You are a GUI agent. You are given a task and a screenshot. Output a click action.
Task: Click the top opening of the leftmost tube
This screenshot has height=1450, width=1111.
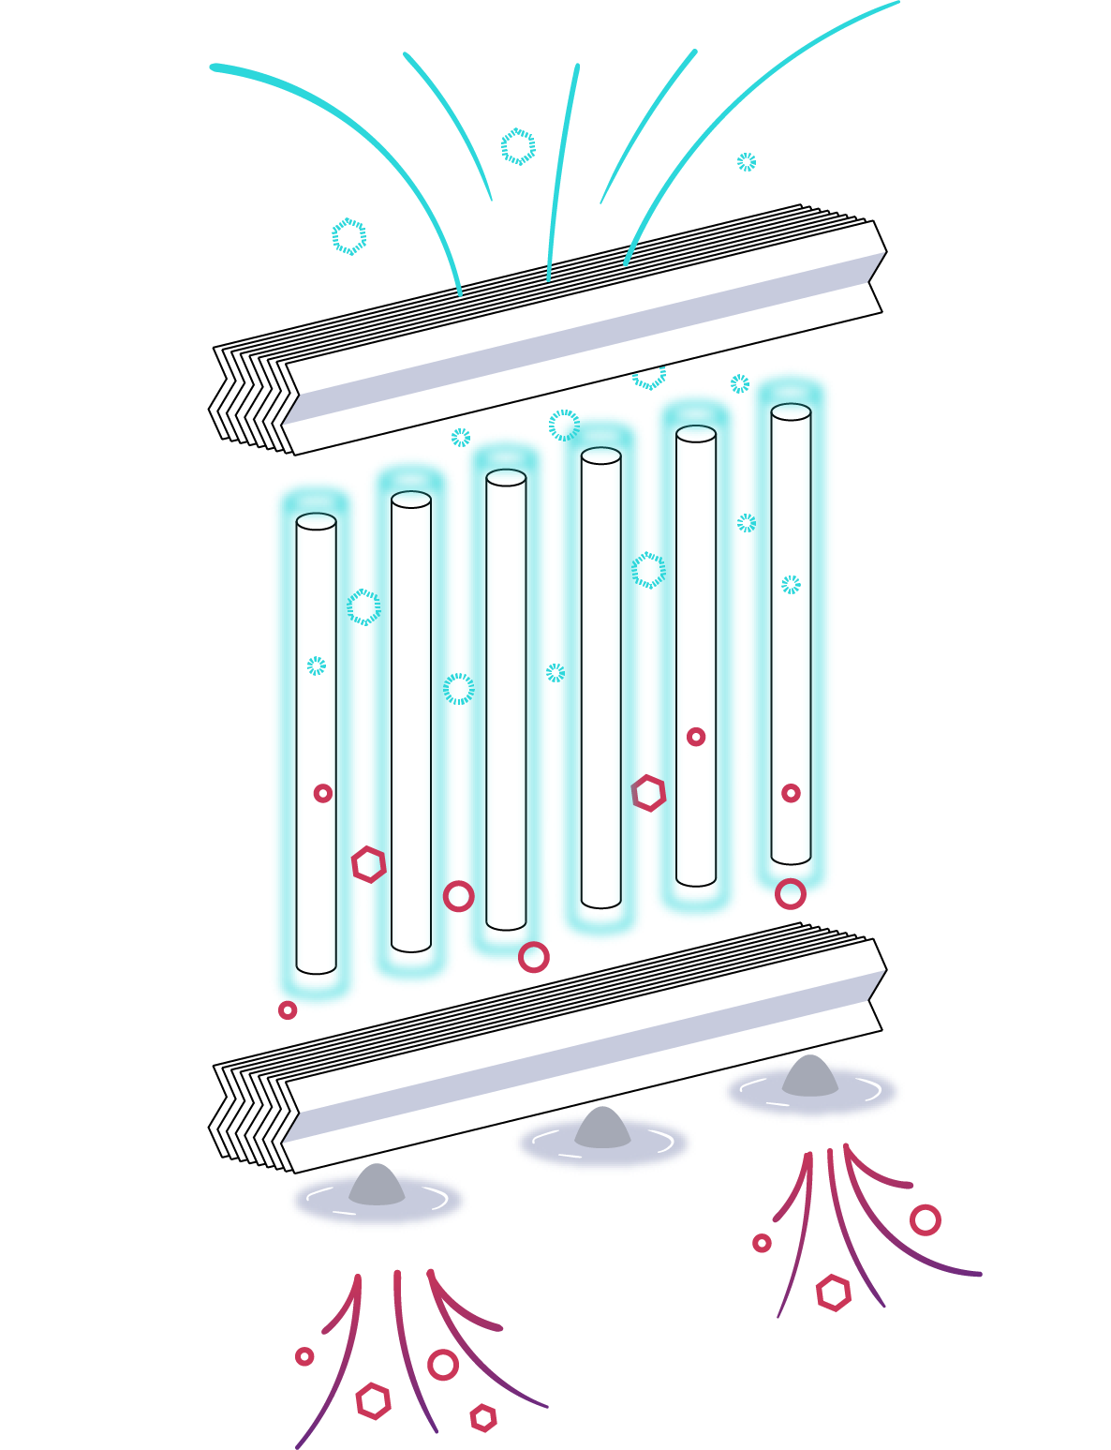(316, 522)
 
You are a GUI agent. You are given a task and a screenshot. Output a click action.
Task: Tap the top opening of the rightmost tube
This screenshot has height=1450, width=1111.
(791, 411)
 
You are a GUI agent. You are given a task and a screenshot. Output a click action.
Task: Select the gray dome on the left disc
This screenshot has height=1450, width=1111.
(377, 1186)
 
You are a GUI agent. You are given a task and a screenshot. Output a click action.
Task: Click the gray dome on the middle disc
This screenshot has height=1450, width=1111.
(602, 1129)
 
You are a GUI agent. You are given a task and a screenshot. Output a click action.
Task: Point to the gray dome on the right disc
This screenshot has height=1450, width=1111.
(809, 1076)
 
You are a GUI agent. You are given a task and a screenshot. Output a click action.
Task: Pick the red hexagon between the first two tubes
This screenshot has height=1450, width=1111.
(369, 864)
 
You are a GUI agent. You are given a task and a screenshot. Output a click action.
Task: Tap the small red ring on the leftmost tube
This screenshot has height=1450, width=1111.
(322, 794)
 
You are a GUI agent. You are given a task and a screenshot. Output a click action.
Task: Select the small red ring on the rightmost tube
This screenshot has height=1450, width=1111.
(791, 793)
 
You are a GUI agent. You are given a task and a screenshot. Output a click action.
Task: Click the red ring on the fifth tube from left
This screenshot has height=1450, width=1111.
(695, 738)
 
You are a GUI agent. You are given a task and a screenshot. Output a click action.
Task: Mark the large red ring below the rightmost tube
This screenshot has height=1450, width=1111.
(791, 893)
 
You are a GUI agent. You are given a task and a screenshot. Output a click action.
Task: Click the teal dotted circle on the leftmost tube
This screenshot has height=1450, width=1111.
(317, 665)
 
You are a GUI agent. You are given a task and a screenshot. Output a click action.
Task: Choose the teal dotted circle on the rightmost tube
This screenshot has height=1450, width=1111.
(792, 585)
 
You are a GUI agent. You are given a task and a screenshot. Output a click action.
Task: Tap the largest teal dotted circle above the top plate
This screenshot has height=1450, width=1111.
(518, 146)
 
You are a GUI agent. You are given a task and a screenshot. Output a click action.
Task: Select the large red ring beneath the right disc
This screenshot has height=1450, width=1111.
(926, 1219)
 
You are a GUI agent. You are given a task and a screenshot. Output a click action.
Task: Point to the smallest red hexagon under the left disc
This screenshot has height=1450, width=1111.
(483, 1418)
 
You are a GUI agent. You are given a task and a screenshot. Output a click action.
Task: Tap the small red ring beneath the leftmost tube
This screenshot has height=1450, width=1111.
(288, 1010)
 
